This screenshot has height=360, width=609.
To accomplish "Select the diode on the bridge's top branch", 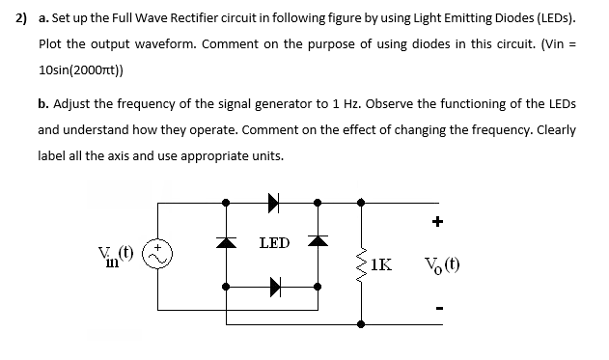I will tap(273, 203).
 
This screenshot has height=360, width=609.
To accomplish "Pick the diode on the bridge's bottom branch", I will tap(273, 286).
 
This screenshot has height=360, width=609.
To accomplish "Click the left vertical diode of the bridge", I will tap(228, 241).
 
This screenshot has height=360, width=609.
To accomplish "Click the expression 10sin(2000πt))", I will tap(81, 70).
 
